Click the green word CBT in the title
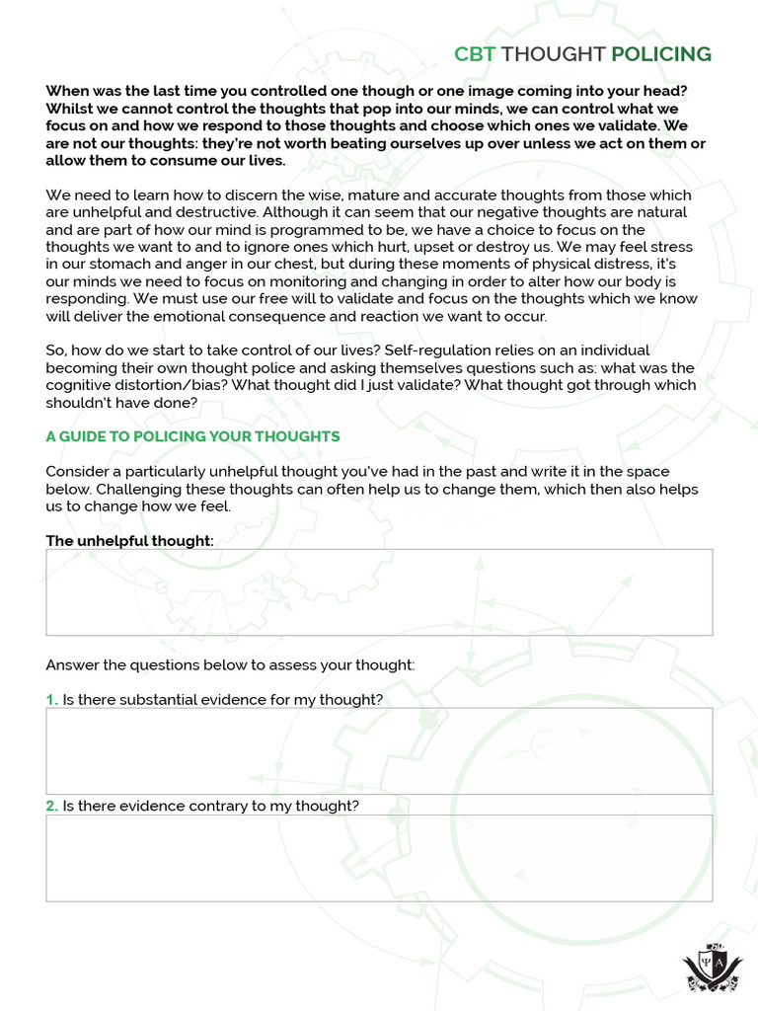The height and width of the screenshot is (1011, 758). [471, 54]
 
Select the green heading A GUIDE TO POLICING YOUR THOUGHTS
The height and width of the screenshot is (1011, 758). [192, 436]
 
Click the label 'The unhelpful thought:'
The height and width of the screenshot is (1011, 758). [129, 541]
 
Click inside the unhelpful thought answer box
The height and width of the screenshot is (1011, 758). [379, 592]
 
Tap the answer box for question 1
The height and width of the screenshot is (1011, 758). [379, 750]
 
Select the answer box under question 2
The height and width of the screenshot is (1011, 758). [379, 857]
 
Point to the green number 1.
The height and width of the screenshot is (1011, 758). [51, 700]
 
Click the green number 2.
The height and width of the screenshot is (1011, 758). [51, 807]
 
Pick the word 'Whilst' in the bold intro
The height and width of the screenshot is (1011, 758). [69, 108]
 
